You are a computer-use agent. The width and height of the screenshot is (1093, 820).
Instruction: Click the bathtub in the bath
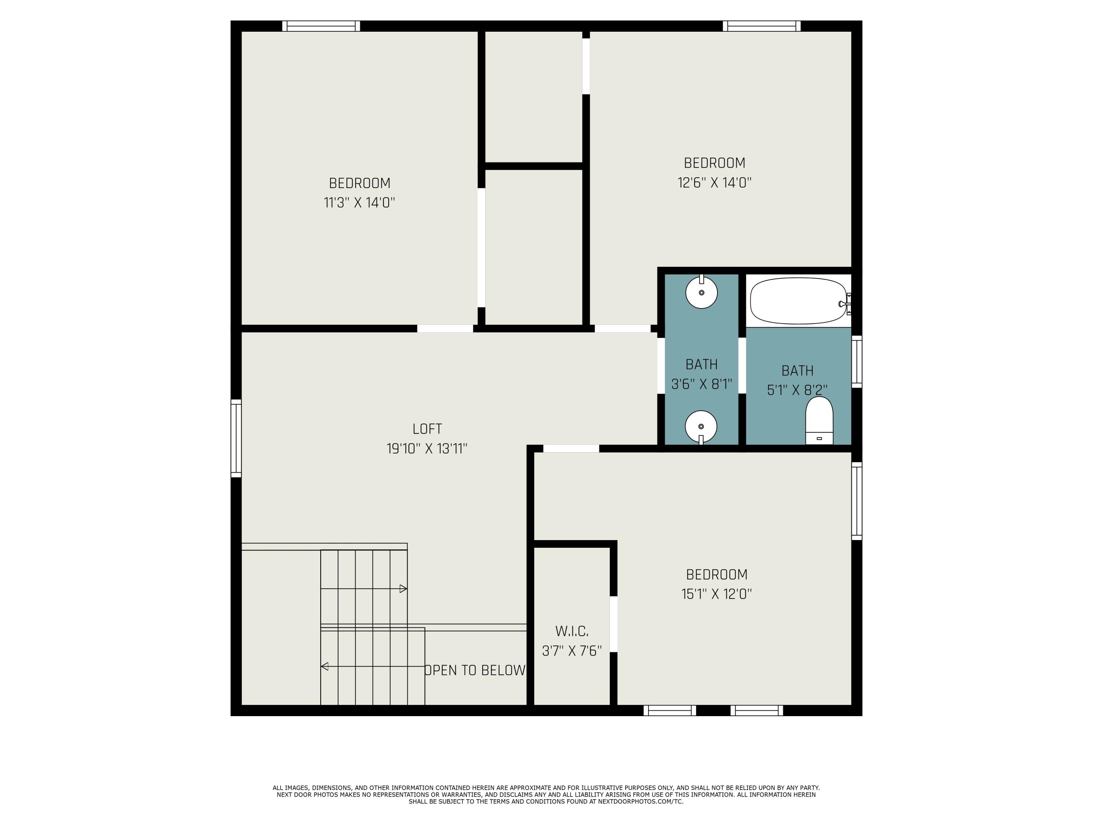pos(798,301)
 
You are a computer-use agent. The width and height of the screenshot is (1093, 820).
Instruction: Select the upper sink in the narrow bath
pos(701,293)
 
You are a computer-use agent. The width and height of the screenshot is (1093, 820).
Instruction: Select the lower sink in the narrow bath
pos(701,426)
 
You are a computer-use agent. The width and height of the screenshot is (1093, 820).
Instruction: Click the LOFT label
pos(427,429)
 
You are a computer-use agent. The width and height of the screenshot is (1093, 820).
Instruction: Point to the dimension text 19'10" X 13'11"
pos(427,449)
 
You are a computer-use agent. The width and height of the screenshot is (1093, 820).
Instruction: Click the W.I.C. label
pos(572,631)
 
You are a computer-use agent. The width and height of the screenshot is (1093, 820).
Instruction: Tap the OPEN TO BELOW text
pos(475,670)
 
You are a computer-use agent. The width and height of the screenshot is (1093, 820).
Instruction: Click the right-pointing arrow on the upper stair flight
pos(403,589)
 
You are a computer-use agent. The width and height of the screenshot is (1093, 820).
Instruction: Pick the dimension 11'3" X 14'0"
pos(359,203)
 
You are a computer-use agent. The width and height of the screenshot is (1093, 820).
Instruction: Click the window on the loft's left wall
pos(236,438)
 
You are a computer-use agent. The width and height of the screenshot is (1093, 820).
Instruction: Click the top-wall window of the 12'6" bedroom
pos(761,26)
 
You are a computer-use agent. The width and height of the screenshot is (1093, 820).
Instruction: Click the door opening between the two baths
pos(742,366)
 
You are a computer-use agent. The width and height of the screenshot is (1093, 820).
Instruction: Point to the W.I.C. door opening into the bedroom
pos(613,624)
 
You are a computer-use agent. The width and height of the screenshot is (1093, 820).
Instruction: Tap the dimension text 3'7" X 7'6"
pos(572,651)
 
